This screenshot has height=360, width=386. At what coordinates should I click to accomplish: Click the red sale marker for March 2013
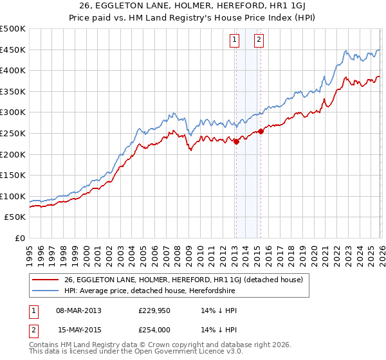point(236,142)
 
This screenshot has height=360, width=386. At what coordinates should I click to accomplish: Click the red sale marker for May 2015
point(261,132)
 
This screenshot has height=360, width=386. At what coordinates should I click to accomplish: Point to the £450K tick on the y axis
point(13,50)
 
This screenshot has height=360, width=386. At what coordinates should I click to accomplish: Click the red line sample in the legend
point(46,280)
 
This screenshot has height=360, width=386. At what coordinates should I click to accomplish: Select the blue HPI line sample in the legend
point(46,291)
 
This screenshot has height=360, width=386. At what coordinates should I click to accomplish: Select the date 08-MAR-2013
point(79,310)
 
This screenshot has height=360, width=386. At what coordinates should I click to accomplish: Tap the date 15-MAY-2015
point(79,329)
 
